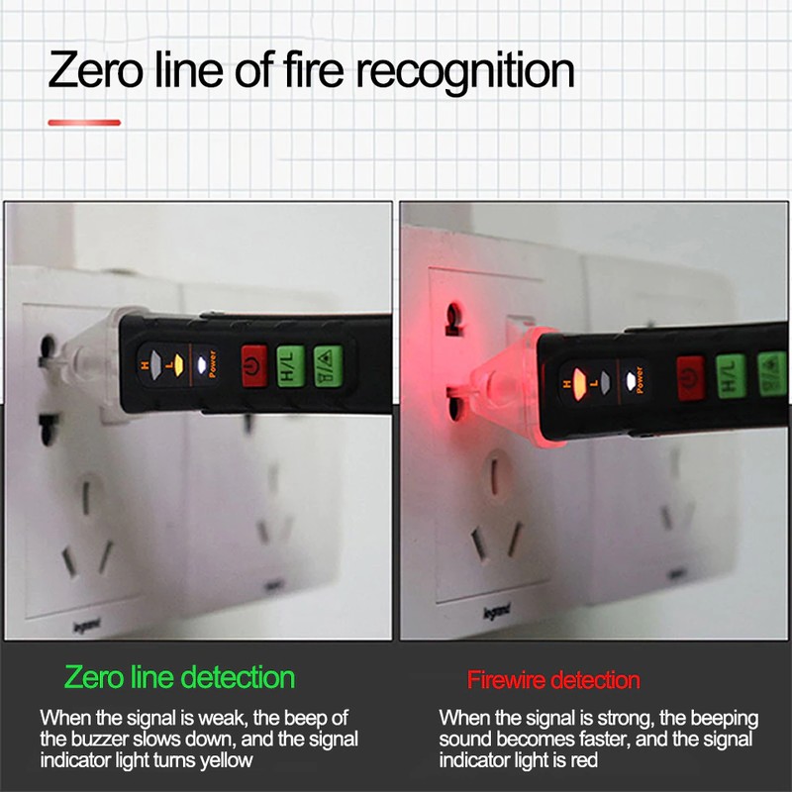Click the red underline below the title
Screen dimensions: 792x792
coord(84,122)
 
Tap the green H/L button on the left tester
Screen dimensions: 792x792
coord(290,366)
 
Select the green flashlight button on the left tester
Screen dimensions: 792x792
coord(328,366)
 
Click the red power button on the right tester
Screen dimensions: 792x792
coord(690,378)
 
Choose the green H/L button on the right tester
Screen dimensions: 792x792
coord(731,376)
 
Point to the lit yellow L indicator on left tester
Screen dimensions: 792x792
coord(177,365)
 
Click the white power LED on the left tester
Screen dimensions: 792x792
coord(202,364)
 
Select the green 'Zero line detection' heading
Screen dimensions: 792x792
coord(180,677)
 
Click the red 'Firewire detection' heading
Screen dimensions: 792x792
coord(553,680)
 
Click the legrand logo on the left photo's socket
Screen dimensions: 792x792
coord(87,626)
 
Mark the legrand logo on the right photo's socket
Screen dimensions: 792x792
coord(497,611)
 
